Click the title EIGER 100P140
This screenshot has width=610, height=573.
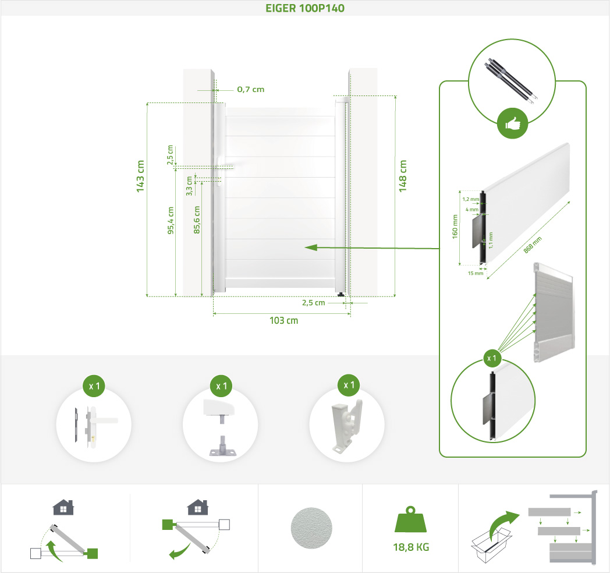[304, 8]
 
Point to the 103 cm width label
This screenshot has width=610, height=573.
[283, 320]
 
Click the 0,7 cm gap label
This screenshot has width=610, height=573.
[250, 89]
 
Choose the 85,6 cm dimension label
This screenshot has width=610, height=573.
[197, 220]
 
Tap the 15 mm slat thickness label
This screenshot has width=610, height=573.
[476, 273]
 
